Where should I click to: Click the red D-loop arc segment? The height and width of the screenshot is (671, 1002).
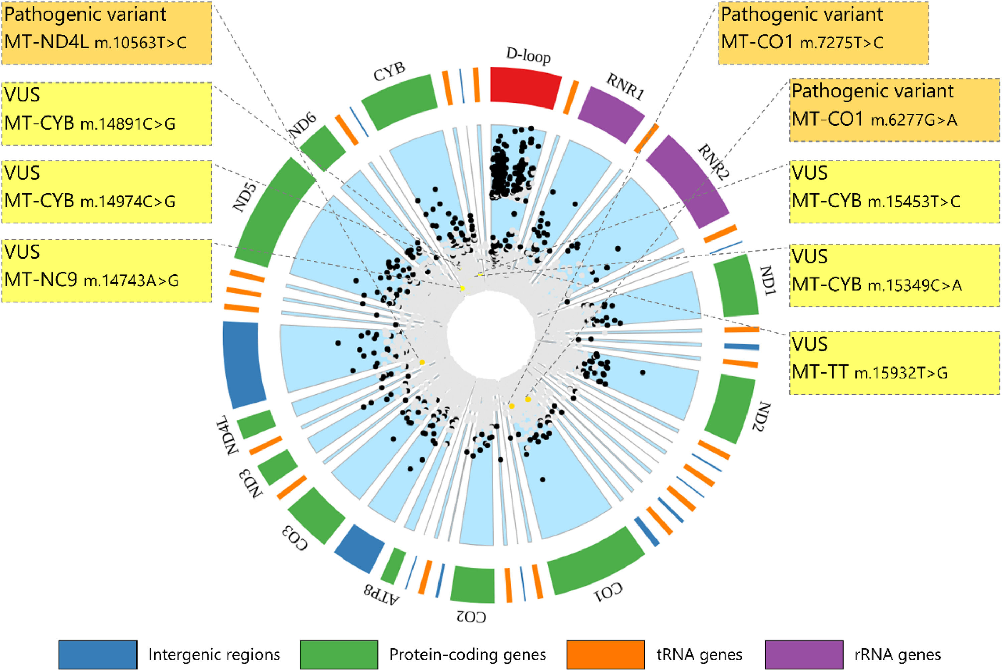pyautogui.click(x=525, y=89)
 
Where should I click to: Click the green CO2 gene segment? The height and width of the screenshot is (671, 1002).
pyautogui.click(x=473, y=584)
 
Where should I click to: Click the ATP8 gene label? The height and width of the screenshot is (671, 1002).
pyautogui.click(x=382, y=595)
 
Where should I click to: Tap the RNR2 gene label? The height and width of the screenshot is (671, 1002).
pyautogui.click(x=713, y=162)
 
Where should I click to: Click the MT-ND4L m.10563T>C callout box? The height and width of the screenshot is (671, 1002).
pyautogui.click(x=107, y=33)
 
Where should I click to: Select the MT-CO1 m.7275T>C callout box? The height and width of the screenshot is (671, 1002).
pyautogui.click(x=823, y=33)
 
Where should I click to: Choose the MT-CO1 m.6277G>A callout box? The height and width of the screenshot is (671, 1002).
pyautogui.click(x=894, y=110)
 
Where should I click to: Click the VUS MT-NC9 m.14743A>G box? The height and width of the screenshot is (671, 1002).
pyautogui.click(x=107, y=270)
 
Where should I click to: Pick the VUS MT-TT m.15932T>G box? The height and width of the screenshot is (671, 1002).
pyautogui.click(x=894, y=363)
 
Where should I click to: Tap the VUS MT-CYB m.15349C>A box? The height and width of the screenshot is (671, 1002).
pyautogui.click(x=894, y=275)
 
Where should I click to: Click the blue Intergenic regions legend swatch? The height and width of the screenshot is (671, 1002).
pyautogui.click(x=98, y=654)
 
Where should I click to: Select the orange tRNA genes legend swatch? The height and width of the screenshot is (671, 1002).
pyautogui.click(x=605, y=654)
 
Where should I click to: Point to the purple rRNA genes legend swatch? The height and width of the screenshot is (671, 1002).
pyautogui.click(x=804, y=654)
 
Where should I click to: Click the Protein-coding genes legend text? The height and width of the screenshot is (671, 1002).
pyautogui.click(x=467, y=655)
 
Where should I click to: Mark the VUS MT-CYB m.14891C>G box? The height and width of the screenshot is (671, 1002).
pyautogui.click(x=107, y=114)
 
